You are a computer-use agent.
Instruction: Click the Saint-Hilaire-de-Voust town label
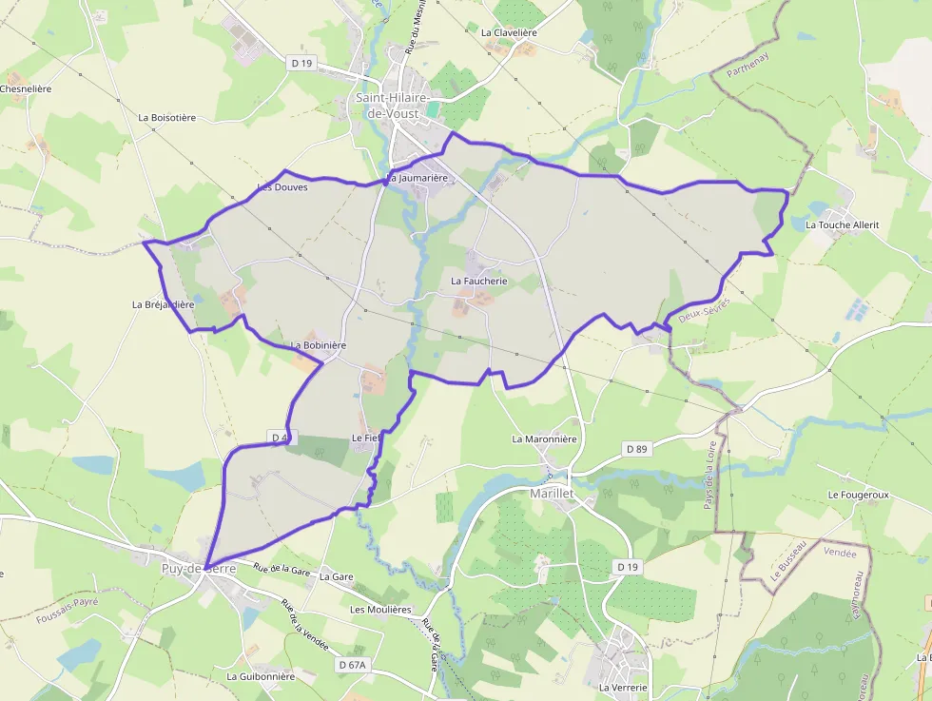tap(393, 106)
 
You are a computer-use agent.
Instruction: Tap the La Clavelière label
tap(509, 32)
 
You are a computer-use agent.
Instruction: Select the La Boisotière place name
tap(166, 118)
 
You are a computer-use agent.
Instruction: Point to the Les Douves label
tap(282, 187)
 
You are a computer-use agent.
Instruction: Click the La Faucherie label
tap(479, 282)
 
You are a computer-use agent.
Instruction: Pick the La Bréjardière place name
tap(163, 304)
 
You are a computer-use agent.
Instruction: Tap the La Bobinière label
tap(319, 345)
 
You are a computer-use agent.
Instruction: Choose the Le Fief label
tap(366, 438)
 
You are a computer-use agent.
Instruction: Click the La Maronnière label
tap(544, 439)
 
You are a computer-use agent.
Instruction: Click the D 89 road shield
tap(637, 448)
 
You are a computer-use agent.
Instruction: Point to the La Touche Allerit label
tap(843, 225)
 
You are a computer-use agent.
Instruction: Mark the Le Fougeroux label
tap(858, 496)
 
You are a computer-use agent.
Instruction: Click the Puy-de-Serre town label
tap(198, 569)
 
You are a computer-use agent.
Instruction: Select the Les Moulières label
tap(380, 609)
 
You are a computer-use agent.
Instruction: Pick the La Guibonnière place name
tap(261, 676)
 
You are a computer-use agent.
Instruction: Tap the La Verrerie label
tap(623, 687)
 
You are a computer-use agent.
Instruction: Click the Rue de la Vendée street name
tap(304, 625)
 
